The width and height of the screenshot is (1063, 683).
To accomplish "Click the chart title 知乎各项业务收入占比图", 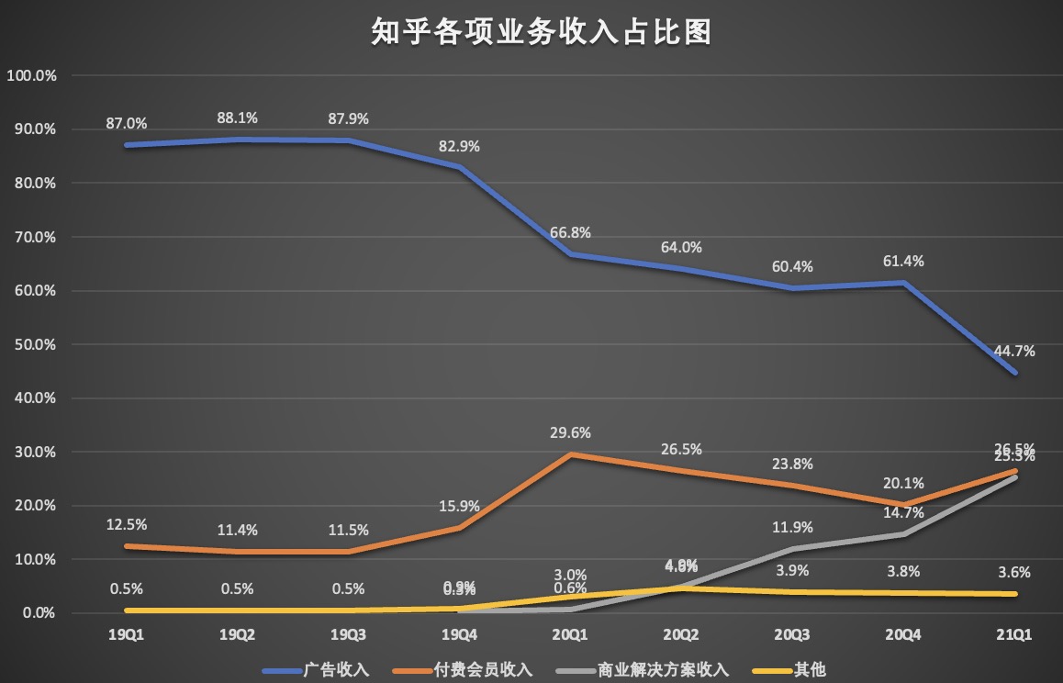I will point(531,34).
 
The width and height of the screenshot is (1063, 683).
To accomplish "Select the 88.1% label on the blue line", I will point(237,118).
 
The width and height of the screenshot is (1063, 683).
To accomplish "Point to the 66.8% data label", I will point(570,232).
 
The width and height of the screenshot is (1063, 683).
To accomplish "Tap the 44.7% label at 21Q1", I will point(1015,350).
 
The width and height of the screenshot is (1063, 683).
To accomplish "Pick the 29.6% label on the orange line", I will point(570,432).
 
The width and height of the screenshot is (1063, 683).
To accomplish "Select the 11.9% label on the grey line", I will point(793,527).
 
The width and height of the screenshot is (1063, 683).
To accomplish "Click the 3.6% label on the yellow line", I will point(1015,572).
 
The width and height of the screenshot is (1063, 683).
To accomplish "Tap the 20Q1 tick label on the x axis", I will point(570,634).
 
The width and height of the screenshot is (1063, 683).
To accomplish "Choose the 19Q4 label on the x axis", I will point(459,634).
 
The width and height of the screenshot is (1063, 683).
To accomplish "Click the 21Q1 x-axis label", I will point(1015,634).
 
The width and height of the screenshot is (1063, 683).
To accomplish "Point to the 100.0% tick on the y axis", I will point(32,75).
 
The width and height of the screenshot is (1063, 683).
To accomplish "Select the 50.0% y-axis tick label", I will point(35,344).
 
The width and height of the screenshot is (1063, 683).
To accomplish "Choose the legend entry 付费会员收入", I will point(487,669).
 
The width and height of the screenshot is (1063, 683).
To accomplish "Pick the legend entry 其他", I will point(797,669).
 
